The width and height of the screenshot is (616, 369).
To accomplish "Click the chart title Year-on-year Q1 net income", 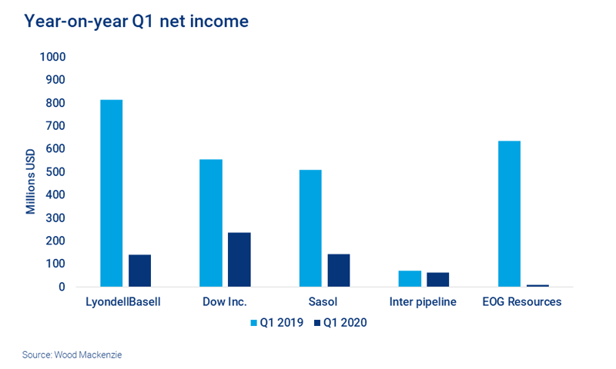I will (136, 22).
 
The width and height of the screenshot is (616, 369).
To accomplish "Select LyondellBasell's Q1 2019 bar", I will (111, 193).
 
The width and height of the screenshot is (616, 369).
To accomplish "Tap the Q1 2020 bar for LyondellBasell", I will (139, 271).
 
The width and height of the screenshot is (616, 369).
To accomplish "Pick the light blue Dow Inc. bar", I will (210, 223).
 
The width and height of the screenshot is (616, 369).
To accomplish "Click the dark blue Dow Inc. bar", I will (239, 259).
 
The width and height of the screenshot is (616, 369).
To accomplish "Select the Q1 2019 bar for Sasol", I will (310, 228).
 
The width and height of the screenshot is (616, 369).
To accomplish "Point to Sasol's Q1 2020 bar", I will (338, 270).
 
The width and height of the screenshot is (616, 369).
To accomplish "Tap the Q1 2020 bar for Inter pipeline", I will (437, 279).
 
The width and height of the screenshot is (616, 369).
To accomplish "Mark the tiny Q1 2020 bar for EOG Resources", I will (537, 285).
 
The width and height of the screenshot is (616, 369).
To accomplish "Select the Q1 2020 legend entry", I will (340, 323).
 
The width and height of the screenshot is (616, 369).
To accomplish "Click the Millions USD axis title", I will (31, 172).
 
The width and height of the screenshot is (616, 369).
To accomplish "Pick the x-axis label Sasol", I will (323, 302).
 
